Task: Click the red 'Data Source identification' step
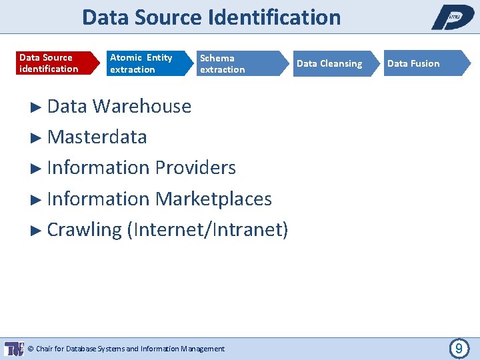[x=50, y=63]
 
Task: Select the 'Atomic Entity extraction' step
[x=141, y=63]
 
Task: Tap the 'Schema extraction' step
[x=230, y=63]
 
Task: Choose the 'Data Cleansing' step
[x=329, y=63]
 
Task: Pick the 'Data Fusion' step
[x=417, y=63]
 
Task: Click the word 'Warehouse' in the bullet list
[x=142, y=106]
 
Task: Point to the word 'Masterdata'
[x=97, y=137]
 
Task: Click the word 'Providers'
[x=195, y=167]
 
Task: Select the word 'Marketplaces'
[x=213, y=199]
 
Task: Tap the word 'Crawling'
[x=85, y=229]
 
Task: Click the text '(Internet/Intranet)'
[x=211, y=229]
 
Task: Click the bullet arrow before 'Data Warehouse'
[x=37, y=107]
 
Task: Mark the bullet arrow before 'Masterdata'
[x=37, y=137]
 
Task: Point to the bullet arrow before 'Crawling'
[x=37, y=230]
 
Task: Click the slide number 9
[x=459, y=348]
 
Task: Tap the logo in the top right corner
[x=453, y=17]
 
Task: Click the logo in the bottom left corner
[x=14, y=348]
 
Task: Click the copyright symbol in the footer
[x=31, y=349]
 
